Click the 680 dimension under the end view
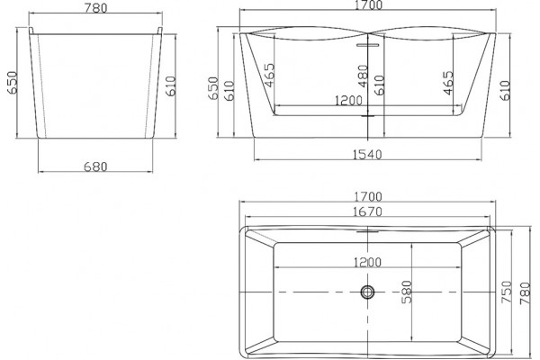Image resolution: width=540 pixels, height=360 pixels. coord(95,166)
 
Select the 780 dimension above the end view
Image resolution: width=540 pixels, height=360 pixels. coord(95,8)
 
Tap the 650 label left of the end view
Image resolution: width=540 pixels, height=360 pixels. coord(12,82)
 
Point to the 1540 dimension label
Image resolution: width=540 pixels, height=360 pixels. coord(367,155)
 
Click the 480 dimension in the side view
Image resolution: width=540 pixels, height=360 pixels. coord(363,76)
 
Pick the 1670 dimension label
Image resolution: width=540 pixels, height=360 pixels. coord(368,211)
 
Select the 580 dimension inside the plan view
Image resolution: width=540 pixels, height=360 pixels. coord(407,292)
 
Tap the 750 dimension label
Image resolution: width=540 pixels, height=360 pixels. coord(506,292)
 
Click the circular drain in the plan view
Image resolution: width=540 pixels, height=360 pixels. coord(367,292)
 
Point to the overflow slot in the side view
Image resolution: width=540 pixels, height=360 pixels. coord(367,45)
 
